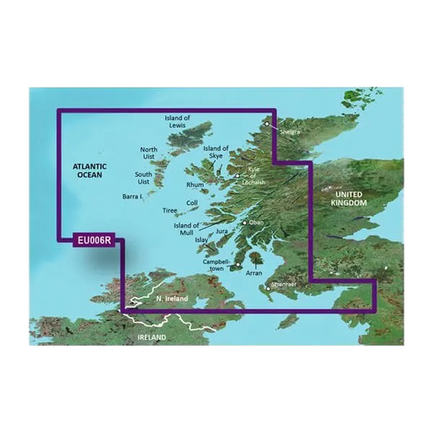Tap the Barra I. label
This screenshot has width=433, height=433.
132,196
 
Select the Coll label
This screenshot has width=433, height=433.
192,203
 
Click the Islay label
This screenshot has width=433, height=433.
202,241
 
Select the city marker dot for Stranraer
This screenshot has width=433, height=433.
268,287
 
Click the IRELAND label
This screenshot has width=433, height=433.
152,336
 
